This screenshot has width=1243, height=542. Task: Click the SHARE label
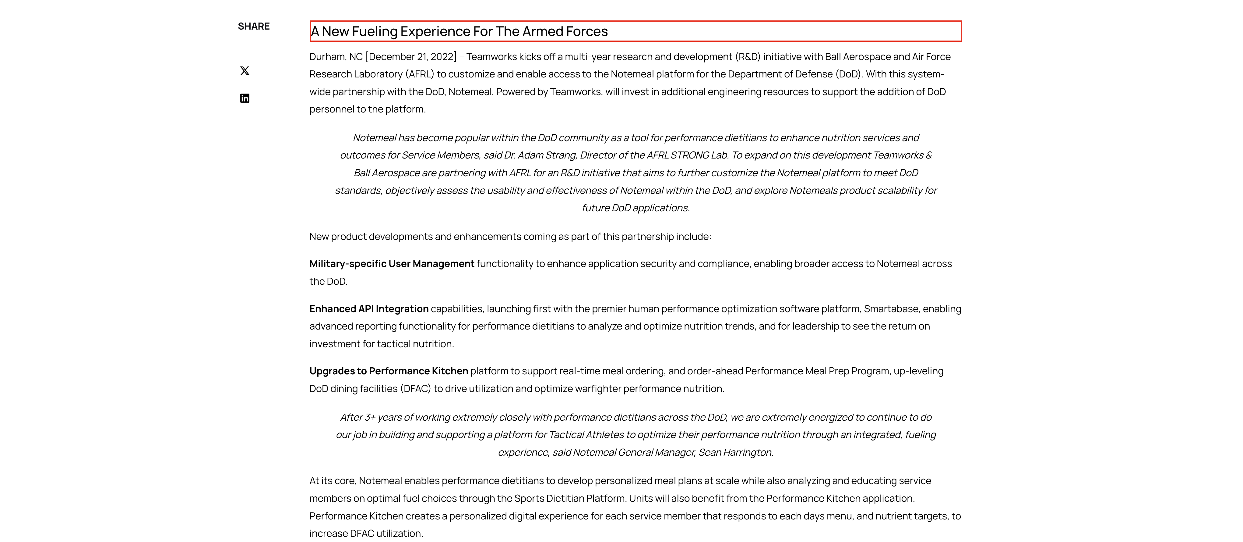coord(253,27)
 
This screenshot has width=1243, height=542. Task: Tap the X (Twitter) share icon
coord(245,71)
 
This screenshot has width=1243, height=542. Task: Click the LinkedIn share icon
coord(245,98)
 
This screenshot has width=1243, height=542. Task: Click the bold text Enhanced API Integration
coord(369,309)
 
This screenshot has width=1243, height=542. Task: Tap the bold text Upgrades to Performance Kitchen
coord(389,371)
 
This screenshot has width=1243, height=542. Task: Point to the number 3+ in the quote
coord(370,417)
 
